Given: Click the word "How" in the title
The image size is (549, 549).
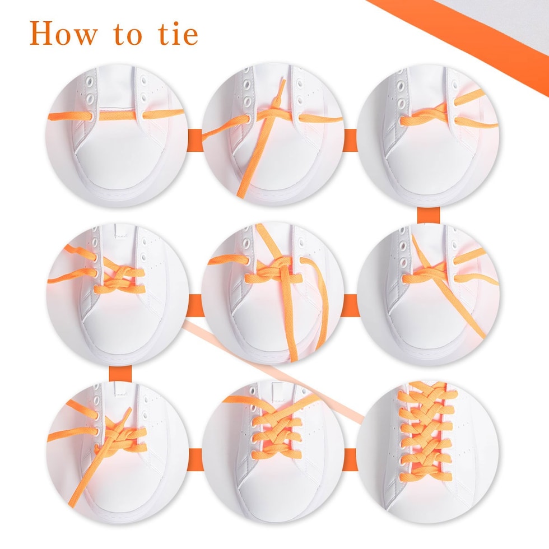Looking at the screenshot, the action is click(x=63, y=33).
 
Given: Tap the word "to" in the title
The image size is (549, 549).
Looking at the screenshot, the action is click(x=128, y=35).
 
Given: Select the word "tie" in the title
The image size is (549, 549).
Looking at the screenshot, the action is click(x=179, y=34).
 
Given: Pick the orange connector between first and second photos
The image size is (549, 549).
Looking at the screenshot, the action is click(x=196, y=141).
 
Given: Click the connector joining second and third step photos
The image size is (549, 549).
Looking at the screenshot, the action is click(x=350, y=141).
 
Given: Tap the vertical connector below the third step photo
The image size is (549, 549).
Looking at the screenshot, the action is click(x=429, y=215).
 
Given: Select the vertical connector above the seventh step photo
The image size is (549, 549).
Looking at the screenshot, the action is click(x=120, y=373).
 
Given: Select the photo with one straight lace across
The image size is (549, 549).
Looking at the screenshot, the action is click(x=117, y=135).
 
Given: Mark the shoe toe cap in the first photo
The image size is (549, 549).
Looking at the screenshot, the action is click(x=117, y=168).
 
